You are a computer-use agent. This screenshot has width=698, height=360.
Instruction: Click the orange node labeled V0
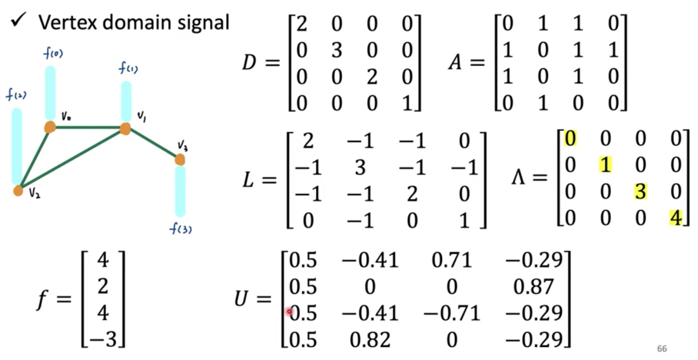point(50,127)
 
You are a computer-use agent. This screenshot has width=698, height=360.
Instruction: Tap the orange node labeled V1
point(125,129)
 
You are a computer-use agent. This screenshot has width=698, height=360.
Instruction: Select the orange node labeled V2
point(18,191)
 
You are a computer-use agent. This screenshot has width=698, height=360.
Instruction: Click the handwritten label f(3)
point(181,229)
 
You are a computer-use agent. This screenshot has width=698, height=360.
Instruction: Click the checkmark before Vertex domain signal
point(18,21)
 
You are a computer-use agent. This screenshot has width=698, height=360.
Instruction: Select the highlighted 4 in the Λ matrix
point(675,217)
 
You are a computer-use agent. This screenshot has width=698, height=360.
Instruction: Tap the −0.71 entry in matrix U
point(452,313)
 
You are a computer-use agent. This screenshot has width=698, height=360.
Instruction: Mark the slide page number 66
point(662,347)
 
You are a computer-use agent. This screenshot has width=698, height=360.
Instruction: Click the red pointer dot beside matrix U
point(289,312)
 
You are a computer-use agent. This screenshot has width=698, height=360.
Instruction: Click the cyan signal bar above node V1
point(126,101)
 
